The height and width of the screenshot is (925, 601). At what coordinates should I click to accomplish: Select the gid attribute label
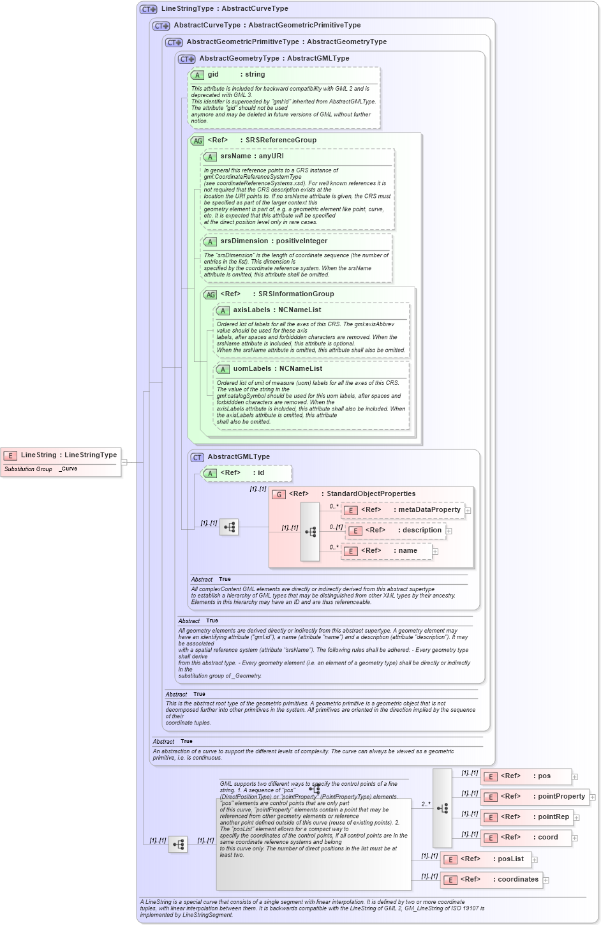(x=213, y=75)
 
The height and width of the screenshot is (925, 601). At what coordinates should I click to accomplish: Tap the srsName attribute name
(x=235, y=156)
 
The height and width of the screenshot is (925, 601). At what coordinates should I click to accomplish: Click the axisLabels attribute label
(x=251, y=310)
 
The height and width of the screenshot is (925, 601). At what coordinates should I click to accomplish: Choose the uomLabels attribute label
(x=252, y=369)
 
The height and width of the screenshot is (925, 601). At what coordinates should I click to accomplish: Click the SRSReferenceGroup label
(x=281, y=140)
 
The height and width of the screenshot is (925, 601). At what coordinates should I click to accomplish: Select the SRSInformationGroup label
(x=296, y=294)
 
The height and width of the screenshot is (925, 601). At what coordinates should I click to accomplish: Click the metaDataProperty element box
(x=403, y=510)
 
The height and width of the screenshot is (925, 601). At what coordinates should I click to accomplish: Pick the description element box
(x=395, y=530)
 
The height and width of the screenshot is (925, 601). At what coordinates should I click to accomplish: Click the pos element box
(x=526, y=776)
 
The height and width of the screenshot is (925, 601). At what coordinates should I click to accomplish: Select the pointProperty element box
(x=535, y=797)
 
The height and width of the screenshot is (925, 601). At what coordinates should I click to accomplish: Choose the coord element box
(x=526, y=838)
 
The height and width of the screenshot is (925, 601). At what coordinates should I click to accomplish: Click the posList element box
(x=486, y=859)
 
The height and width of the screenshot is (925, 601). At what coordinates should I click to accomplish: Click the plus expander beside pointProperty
(x=592, y=797)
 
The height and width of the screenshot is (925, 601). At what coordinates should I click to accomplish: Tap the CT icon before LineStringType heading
(x=148, y=10)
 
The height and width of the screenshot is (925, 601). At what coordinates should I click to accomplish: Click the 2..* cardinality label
(x=426, y=804)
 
